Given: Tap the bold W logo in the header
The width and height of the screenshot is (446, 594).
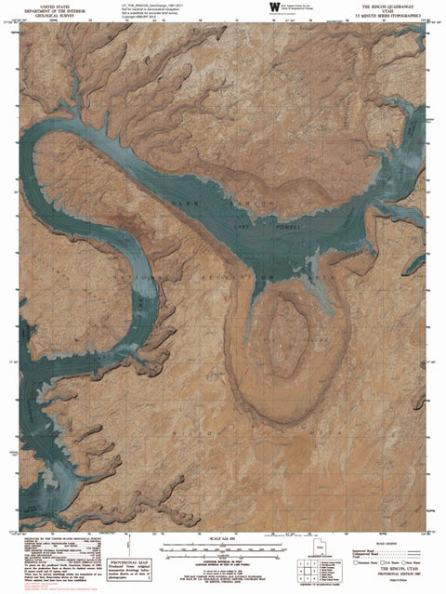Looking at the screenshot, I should click(x=273, y=7).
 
